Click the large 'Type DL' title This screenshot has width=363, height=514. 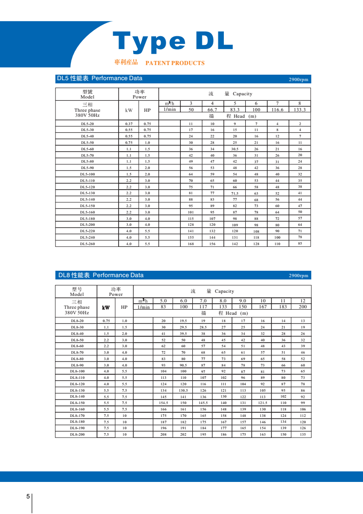coord(173,42)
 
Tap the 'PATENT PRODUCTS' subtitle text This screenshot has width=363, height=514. coord(174,63)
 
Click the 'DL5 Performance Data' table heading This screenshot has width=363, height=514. coord(99,78)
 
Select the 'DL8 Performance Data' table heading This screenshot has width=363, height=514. coord(100,275)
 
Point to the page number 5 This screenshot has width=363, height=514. coord(28,497)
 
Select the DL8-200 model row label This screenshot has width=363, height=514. coord(77,434)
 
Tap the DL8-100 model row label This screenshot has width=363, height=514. coord(77,371)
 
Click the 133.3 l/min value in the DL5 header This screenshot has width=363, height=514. coord(300,110)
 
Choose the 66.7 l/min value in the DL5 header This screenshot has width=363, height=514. coord(212,110)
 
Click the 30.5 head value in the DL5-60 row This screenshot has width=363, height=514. coord(234,149)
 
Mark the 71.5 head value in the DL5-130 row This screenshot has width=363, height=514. coord(234,194)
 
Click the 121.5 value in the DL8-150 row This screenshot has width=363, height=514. coord(262,403)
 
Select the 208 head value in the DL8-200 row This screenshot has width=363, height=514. coord(163,434)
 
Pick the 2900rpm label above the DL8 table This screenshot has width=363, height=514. coord(298,276)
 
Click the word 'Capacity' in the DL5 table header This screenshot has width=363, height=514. coord(242,94)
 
